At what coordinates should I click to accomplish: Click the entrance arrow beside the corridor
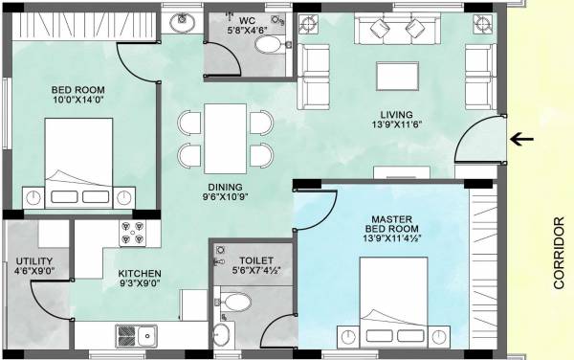click(x=521, y=140)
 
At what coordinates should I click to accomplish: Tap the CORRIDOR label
click(x=559, y=252)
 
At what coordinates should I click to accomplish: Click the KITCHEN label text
click(x=139, y=275)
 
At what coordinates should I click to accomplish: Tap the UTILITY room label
click(x=33, y=260)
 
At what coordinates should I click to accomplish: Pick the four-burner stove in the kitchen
click(x=131, y=235)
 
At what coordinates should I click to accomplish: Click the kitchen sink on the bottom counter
click(x=137, y=336)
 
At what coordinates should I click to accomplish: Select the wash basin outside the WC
click(x=179, y=22)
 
